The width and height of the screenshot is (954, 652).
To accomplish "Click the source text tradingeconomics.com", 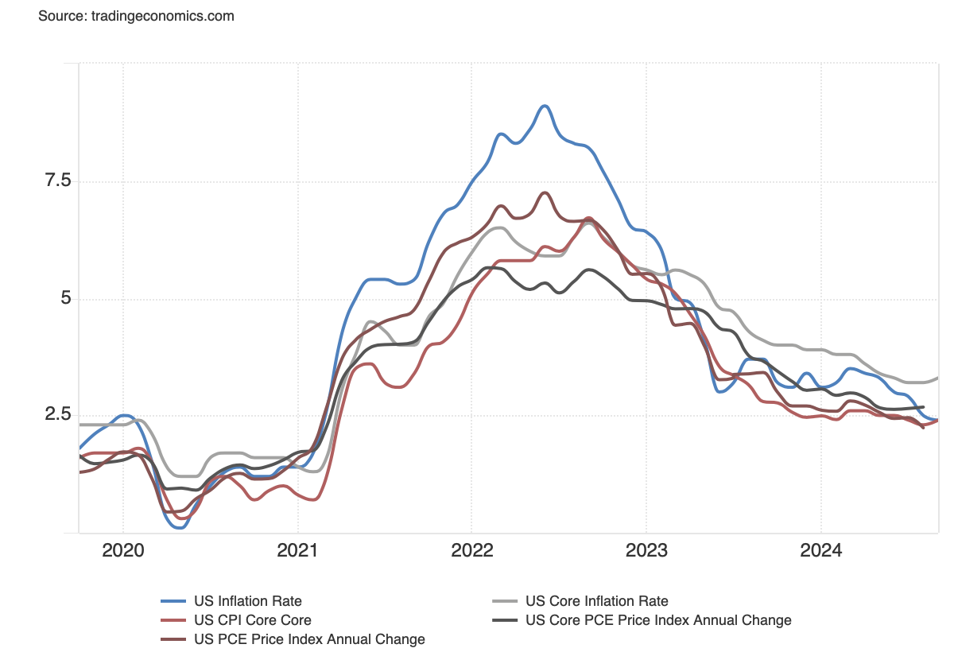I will (136, 16).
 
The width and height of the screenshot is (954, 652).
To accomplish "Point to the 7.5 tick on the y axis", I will (56, 181).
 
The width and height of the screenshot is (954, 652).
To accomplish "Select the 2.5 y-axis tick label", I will (56, 415).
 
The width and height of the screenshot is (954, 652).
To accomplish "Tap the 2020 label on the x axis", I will (123, 551).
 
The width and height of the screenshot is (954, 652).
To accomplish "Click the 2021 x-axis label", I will (297, 551).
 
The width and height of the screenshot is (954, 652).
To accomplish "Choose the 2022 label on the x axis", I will (471, 551).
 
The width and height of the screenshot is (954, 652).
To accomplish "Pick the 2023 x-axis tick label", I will (646, 551).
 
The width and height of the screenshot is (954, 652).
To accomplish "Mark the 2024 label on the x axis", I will (820, 551).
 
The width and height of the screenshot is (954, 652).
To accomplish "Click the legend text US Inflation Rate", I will (248, 601).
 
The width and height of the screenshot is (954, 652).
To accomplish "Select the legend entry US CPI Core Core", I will (253, 620).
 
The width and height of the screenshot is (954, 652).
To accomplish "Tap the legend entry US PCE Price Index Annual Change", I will (309, 639).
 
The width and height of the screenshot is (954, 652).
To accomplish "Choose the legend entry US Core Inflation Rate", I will (597, 601).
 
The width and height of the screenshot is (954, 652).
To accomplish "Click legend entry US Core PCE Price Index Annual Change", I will (658, 620).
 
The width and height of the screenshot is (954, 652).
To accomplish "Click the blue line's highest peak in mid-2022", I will (544, 106).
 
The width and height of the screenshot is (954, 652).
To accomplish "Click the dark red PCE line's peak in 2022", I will (545, 192).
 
